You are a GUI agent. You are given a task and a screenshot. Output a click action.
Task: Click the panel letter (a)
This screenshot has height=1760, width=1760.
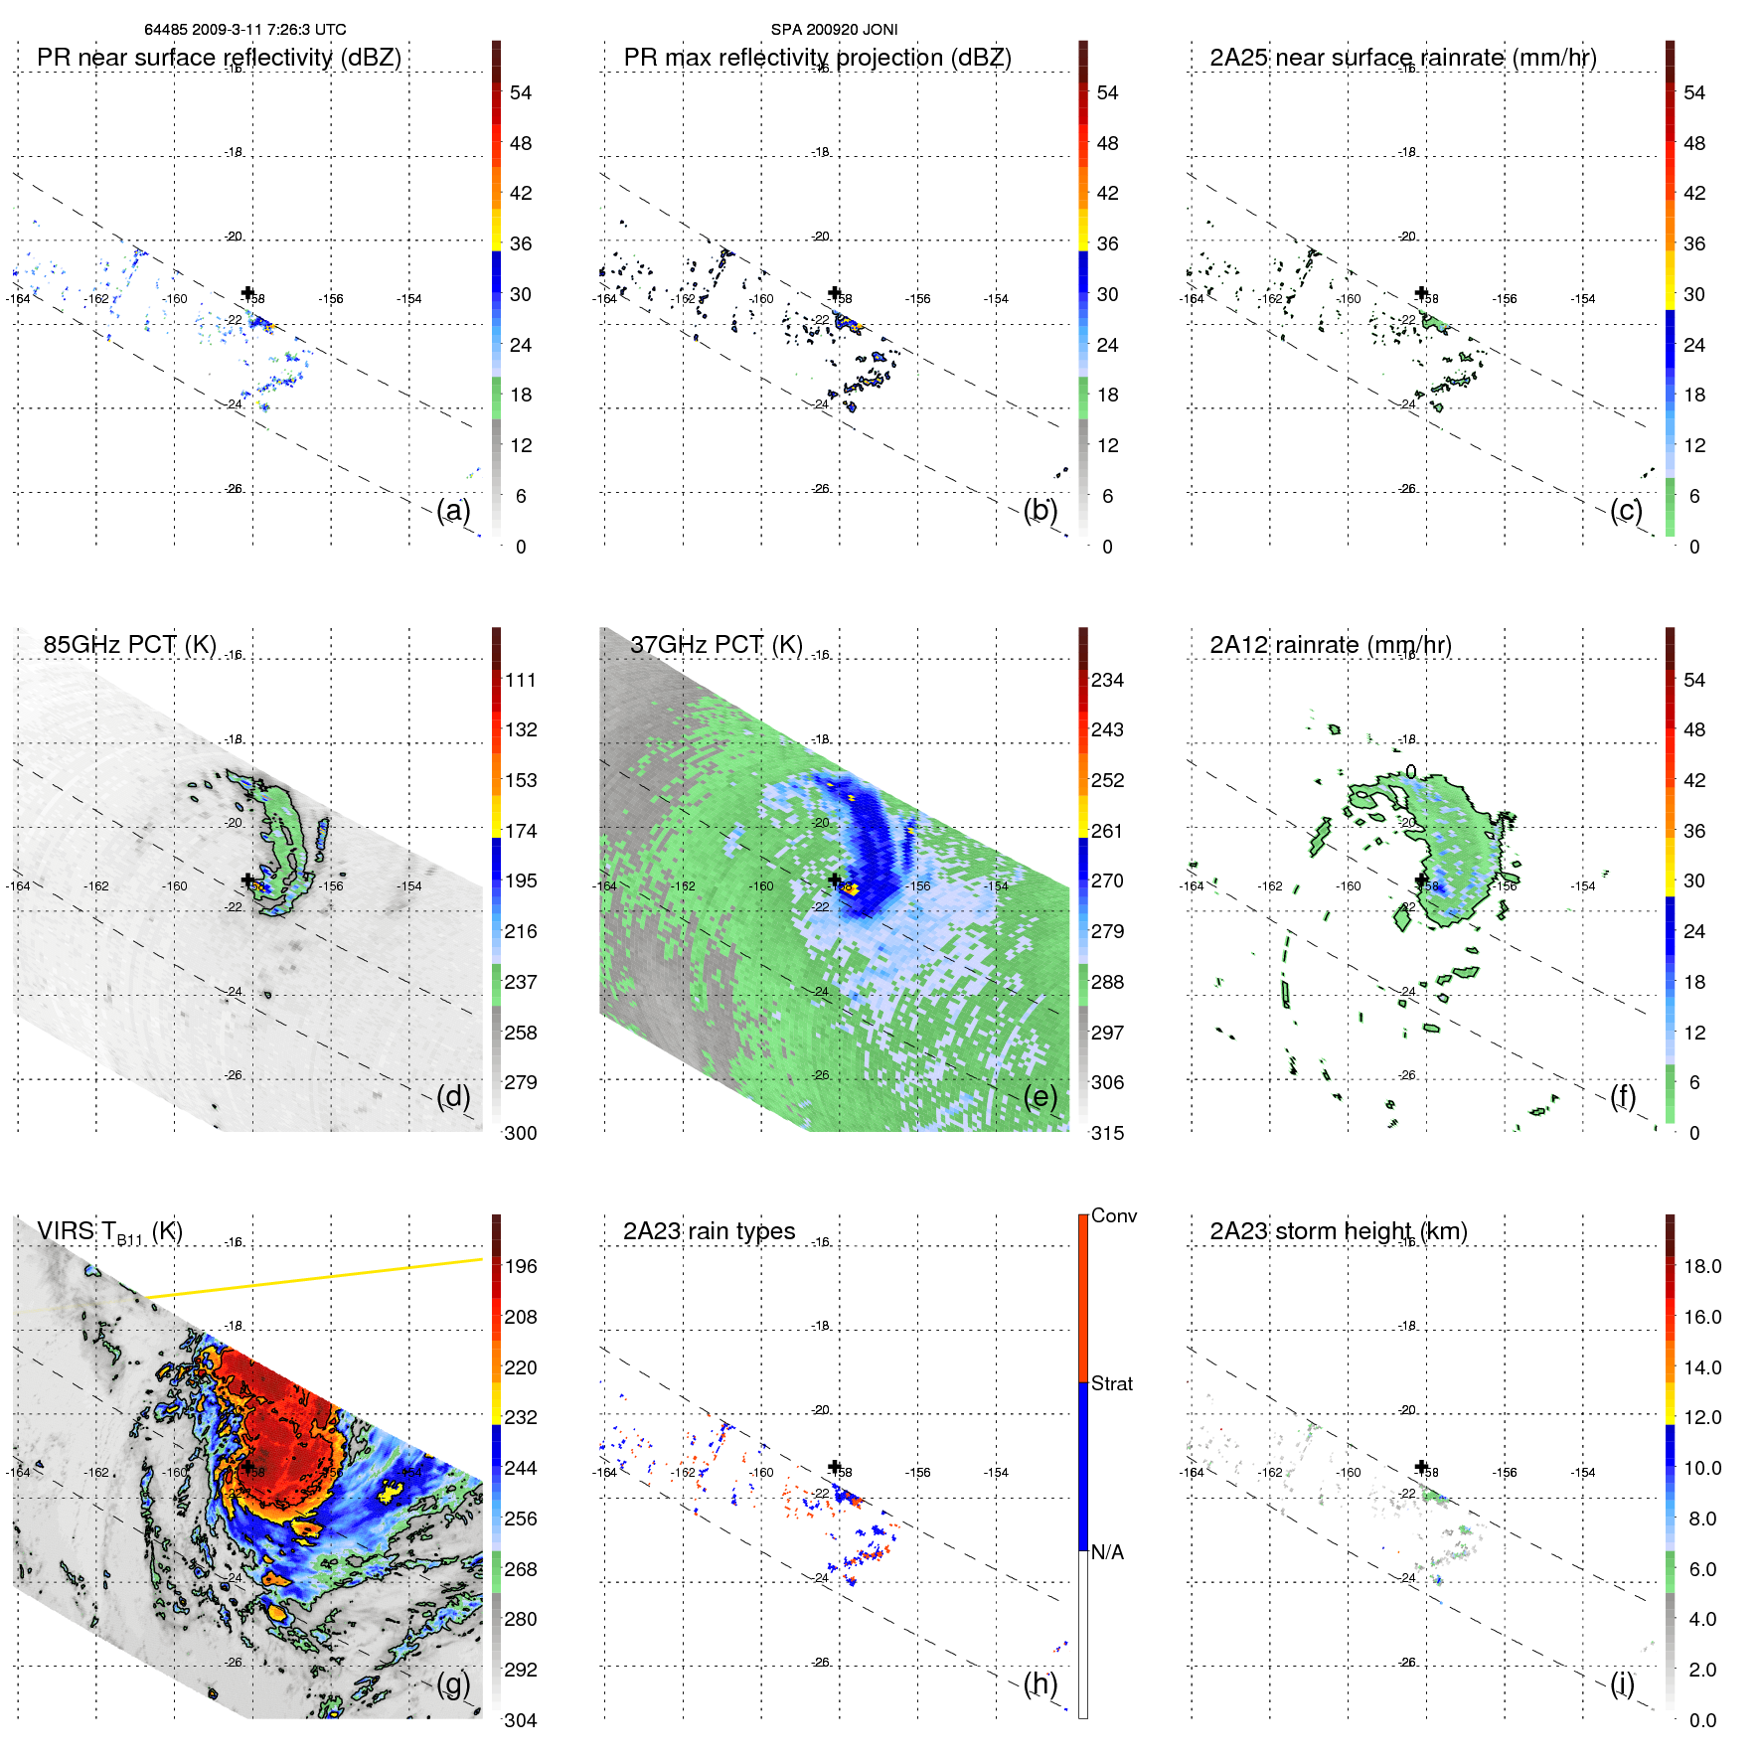pos(453,511)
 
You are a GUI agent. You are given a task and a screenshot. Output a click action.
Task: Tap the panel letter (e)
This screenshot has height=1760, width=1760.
pos(1040,1097)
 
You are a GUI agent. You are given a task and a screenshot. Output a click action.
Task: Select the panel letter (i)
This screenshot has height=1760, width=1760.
pos(1622,1684)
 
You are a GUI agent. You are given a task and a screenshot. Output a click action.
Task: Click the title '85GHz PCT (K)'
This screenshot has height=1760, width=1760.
pos(129,644)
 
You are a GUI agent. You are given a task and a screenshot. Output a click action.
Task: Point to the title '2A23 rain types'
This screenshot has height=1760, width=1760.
pos(709,1231)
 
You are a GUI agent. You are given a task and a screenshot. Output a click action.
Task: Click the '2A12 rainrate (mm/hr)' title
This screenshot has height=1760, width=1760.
pos(1331,644)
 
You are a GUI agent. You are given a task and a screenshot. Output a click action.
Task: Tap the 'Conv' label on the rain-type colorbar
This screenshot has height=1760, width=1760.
pos(1114,1215)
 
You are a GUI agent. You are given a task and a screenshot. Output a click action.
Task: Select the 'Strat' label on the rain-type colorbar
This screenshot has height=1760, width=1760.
pos(1112,1383)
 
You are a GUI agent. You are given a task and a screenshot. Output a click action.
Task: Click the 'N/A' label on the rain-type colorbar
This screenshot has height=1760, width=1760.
pos(1108,1552)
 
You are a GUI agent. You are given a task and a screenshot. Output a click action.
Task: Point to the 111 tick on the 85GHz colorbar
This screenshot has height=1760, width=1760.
pos(521,680)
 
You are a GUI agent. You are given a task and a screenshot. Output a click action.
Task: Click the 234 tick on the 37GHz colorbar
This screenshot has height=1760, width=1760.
pos(1107,680)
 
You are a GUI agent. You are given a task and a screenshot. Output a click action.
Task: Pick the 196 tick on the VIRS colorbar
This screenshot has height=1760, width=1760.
pos(521,1266)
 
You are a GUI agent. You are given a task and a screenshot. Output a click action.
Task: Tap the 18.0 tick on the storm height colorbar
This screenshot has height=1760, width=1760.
pos(1702,1266)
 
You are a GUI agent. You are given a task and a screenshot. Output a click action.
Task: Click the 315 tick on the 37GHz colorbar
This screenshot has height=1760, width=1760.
pos(1107,1133)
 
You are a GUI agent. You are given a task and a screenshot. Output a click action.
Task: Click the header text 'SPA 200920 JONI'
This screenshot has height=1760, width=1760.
pos(834,30)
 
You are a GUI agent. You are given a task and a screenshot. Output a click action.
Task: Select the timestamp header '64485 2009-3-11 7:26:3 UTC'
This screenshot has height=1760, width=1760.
pos(245,30)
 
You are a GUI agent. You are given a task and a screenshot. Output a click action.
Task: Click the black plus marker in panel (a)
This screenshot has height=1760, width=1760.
pos(248,292)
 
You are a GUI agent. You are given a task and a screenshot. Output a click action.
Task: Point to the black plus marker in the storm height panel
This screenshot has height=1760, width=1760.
pos(1422,1466)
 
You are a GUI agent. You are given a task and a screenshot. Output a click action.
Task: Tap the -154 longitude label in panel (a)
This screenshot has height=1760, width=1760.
pos(409,299)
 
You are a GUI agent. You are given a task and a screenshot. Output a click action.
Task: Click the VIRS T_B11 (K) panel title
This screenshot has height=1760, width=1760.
pos(109,1232)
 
